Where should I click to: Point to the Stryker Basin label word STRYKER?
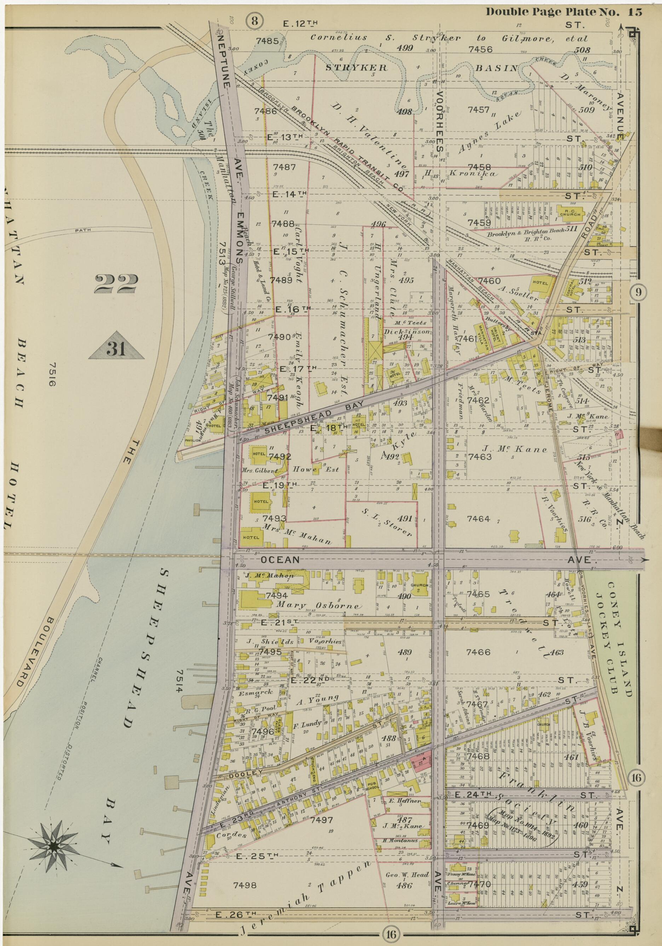[357, 68]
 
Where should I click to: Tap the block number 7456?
[480, 50]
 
